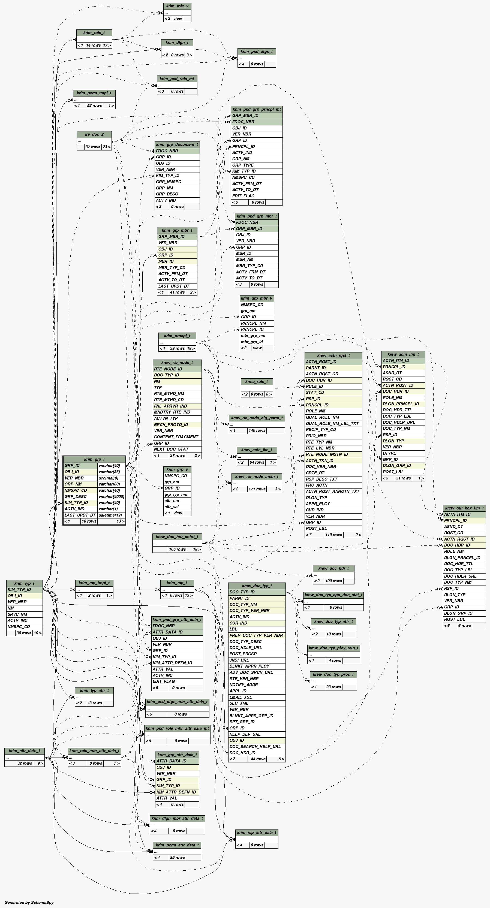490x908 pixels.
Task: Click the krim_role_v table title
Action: pyautogui.click(x=177, y=6)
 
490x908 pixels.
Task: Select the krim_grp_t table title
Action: pyautogui.click(x=94, y=459)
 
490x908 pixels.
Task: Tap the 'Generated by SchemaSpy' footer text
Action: pyautogui.click(x=29, y=902)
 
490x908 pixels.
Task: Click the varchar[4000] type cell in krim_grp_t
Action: pyautogui.click(x=111, y=497)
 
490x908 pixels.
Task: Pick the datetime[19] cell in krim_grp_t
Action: pyautogui.click(x=111, y=515)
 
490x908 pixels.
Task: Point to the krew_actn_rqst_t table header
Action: pyautogui.click(x=333, y=355)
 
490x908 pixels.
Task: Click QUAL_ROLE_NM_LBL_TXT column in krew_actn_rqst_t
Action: pyautogui.click(x=332, y=423)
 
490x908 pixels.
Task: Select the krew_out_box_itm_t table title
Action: pyautogui.click(x=464, y=508)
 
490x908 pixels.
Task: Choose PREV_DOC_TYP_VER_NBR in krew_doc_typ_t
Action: pyautogui.click(x=256, y=635)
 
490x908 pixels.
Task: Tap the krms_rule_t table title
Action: pyautogui.click(x=256, y=381)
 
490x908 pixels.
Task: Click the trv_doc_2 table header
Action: pyautogui.click(x=94, y=134)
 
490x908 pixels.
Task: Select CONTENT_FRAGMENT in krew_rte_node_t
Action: pyautogui.click(x=176, y=437)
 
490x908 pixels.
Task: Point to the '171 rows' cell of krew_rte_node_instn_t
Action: pyautogui.click(x=257, y=489)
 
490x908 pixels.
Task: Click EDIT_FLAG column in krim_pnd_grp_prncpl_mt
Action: pyautogui.click(x=243, y=196)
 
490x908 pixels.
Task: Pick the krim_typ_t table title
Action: pyautogui.click(x=24, y=583)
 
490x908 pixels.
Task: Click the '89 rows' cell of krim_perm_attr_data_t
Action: pyautogui.click(x=177, y=858)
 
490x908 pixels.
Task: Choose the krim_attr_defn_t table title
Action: pyautogui.click(x=24, y=751)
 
